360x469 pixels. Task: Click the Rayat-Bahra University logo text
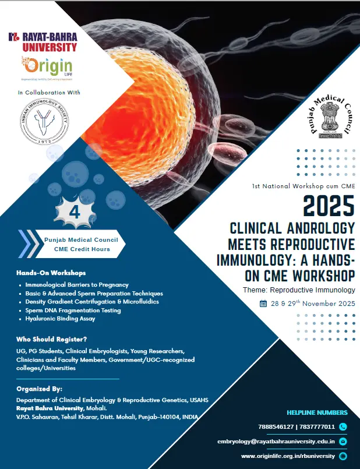point(43,41)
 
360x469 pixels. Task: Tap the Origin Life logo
point(46,68)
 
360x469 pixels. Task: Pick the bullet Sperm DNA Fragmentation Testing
point(73,311)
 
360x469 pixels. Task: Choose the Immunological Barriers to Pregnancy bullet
point(76,284)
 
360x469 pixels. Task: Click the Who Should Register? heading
point(52,339)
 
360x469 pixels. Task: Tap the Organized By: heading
point(40,389)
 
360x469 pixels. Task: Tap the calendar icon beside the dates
point(263,304)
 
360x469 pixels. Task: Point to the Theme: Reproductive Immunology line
point(299,290)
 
